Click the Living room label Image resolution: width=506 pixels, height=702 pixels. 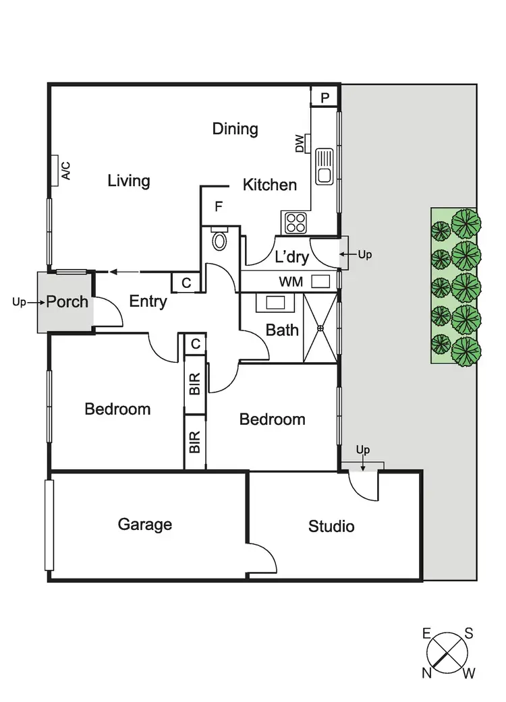point(128,181)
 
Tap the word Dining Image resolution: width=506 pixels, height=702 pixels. point(235,128)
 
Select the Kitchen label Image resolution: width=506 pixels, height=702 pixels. point(269,185)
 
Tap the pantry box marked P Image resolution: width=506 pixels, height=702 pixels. point(325,98)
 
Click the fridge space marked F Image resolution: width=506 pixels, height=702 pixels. point(219,207)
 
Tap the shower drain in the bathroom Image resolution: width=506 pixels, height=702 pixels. point(321,328)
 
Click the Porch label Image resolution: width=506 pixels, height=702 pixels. point(67,301)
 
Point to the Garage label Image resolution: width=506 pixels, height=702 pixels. point(144,524)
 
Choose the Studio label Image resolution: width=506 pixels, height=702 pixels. point(331,526)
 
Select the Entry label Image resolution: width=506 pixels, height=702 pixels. point(148,301)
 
